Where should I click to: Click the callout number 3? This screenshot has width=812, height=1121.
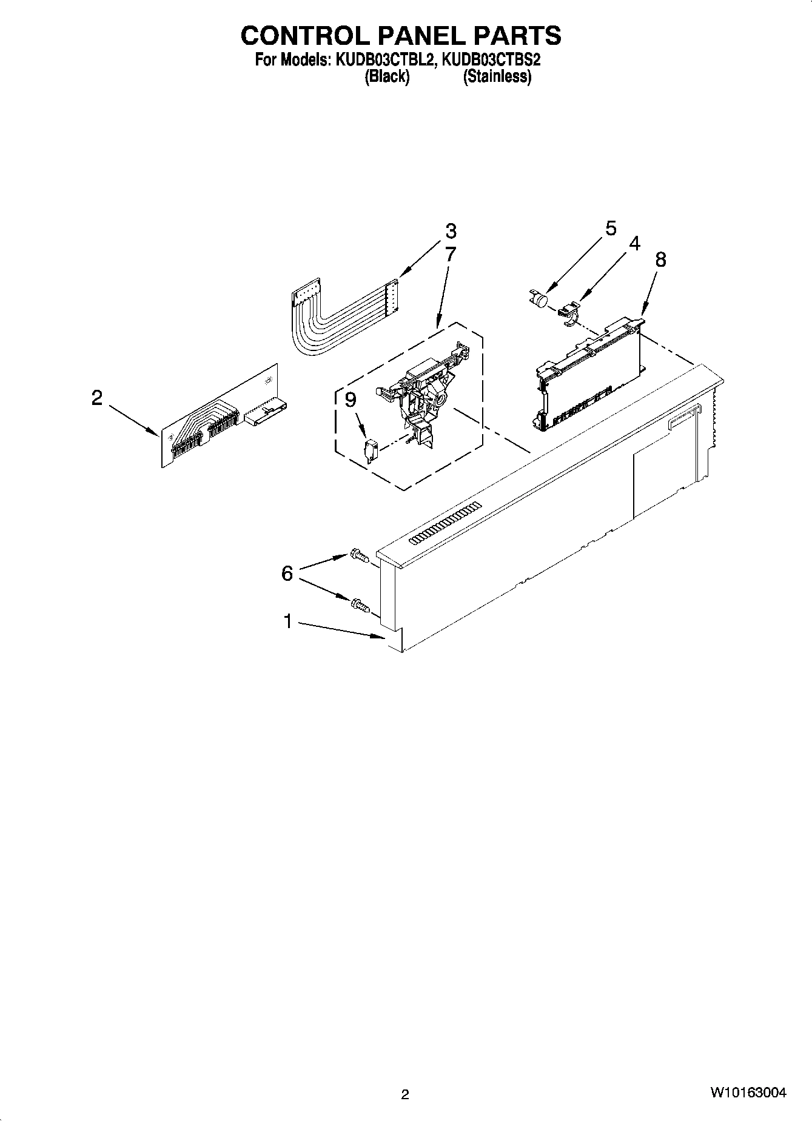tap(450, 231)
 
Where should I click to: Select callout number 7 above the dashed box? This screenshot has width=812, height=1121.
tap(450, 253)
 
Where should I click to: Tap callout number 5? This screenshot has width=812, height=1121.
tap(611, 229)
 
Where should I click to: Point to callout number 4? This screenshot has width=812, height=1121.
tap(634, 244)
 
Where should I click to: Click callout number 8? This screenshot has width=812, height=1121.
tap(660, 259)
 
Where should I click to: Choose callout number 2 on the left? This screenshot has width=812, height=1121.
tap(97, 398)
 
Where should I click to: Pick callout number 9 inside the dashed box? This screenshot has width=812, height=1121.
tap(351, 400)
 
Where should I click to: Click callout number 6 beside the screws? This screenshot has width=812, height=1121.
tap(287, 572)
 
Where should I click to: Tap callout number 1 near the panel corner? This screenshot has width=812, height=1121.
tap(288, 621)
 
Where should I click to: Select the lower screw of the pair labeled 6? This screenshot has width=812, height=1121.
tap(358, 604)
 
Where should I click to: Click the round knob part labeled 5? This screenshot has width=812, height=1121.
tap(537, 298)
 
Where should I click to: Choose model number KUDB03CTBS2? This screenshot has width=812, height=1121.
tap(492, 61)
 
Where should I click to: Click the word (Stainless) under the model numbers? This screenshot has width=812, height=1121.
tap(497, 76)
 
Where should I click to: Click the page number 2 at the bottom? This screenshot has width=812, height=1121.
tap(405, 1094)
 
